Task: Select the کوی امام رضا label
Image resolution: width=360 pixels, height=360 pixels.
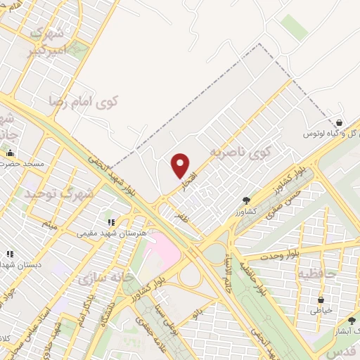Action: click(84, 101)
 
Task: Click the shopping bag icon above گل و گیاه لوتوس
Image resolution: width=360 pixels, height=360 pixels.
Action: click(341, 122)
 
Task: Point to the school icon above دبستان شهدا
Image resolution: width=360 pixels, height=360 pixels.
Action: click(10, 254)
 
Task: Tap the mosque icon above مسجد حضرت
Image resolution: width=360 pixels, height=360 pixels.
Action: click(10, 153)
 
